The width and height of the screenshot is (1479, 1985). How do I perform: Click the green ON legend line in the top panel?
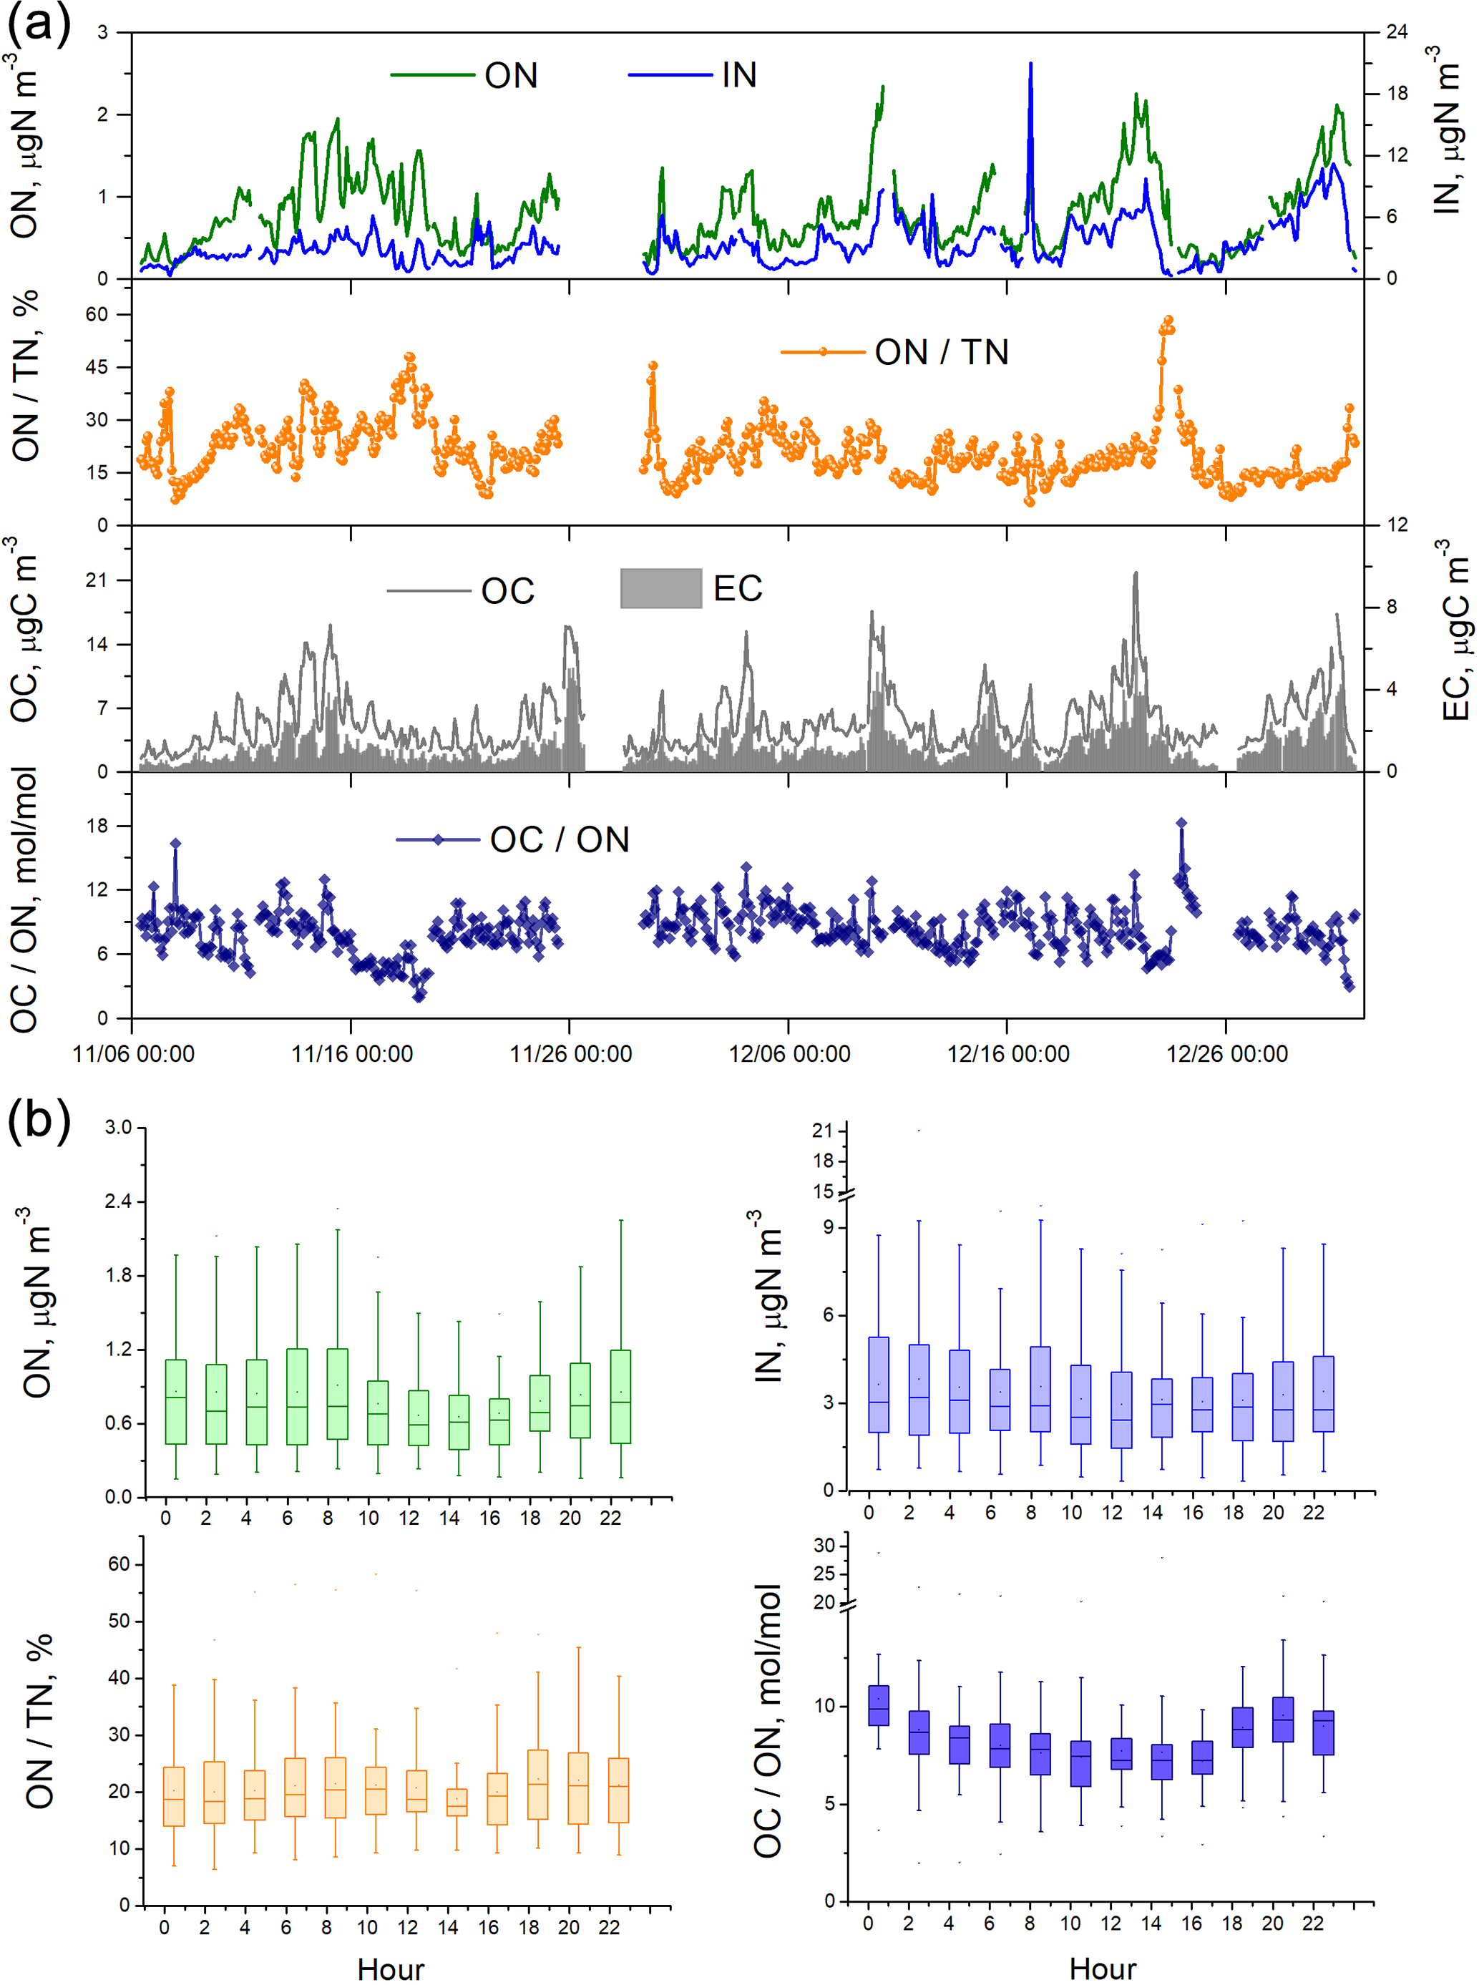pyautogui.click(x=432, y=75)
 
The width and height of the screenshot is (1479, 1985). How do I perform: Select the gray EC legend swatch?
pyautogui.click(x=660, y=588)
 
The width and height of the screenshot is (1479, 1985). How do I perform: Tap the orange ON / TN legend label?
pyautogui.click(x=941, y=352)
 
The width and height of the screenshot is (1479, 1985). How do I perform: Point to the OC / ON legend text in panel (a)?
pyautogui.click(x=560, y=840)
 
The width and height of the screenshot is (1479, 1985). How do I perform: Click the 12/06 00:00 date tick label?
pyautogui.click(x=789, y=1054)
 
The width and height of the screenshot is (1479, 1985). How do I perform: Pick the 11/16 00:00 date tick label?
pyautogui.click(x=352, y=1054)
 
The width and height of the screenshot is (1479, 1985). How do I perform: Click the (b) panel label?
pyautogui.click(x=38, y=1120)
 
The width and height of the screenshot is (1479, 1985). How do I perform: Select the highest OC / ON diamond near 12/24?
pyautogui.click(x=1181, y=823)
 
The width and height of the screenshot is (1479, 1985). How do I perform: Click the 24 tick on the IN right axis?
pyautogui.click(x=1397, y=32)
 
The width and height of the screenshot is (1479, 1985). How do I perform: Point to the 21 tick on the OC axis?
pyautogui.click(x=96, y=580)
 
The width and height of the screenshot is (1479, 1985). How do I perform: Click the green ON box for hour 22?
pyautogui.click(x=620, y=1396)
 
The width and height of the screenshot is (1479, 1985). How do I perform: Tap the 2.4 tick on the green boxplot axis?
pyautogui.click(x=118, y=1201)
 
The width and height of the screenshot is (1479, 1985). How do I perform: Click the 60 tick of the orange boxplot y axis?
pyautogui.click(x=118, y=1564)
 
